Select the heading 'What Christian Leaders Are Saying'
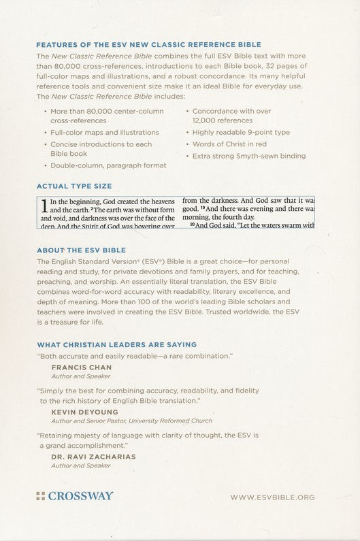(116, 345)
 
